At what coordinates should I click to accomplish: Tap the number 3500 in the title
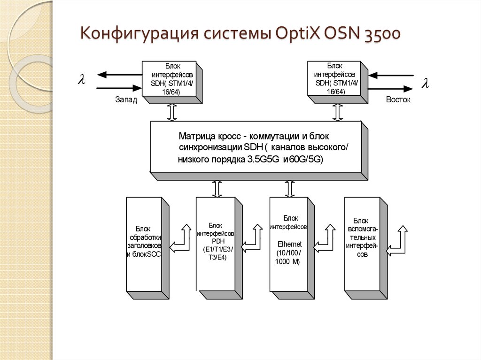(381, 35)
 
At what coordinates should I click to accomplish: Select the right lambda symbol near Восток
(425, 84)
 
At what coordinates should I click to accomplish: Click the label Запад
(126, 100)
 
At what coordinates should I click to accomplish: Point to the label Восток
(398, 100)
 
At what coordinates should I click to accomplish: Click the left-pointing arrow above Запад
(120, 74)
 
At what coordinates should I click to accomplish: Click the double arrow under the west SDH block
(171, 113)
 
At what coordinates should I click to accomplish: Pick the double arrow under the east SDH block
(337, 113)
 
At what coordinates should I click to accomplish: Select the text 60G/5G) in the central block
(306, 160)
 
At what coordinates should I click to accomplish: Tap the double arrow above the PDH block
(217, 188)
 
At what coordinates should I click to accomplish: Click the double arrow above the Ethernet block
(288, 188)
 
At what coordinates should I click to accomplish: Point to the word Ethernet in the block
(289, 245)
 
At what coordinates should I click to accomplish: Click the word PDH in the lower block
(219, 241)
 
